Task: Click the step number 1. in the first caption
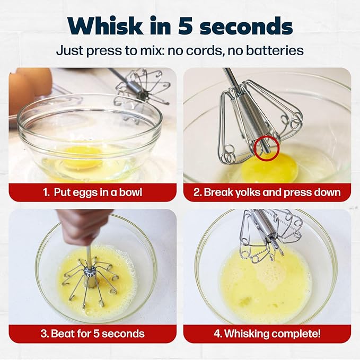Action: point(46,192)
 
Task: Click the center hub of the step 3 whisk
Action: point(90,271)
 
